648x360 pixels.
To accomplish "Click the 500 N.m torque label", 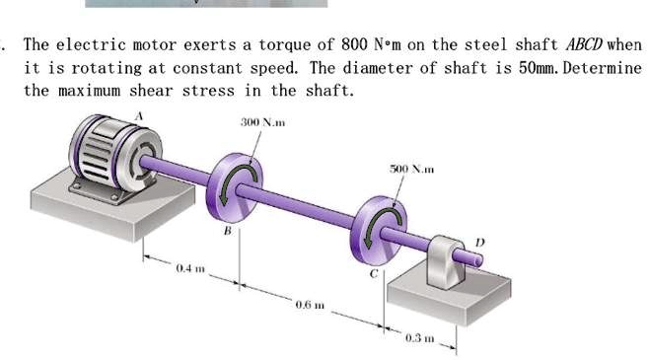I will click(x=410, y=170).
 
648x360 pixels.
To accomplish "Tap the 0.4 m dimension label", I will click(x=190, y=268).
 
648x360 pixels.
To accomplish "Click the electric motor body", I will click(x=104, y=153).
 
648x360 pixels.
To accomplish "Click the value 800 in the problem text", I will click(x=353, y=45).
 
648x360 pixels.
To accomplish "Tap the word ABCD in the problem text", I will click(x=589, y=45).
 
